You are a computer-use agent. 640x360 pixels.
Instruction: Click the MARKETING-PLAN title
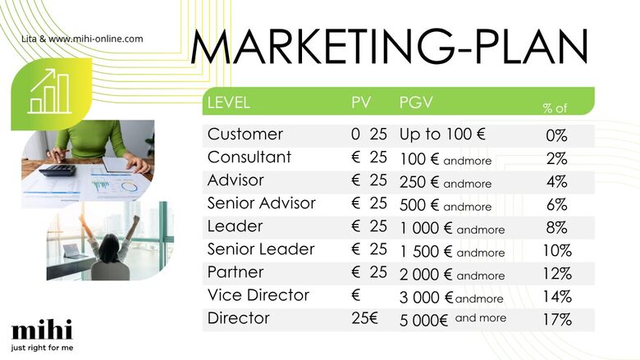point(389,47)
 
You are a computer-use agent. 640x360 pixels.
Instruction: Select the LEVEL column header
point(229,103)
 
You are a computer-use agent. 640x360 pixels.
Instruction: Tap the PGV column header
point(416,103)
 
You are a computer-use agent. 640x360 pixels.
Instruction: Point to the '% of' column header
point(555,108)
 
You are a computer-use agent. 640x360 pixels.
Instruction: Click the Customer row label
point(245,134)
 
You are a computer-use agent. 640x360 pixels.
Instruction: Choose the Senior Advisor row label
point(261,203)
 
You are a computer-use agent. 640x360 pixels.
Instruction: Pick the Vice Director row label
point(258,295)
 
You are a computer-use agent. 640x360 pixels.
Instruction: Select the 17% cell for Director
point(557,320)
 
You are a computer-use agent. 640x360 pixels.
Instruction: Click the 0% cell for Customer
point(557,136)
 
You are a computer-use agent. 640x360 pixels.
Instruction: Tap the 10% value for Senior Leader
point(557,250)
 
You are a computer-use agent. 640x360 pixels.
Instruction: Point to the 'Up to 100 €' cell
point(442,134)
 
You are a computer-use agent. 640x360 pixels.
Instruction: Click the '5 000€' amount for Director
point(423,321)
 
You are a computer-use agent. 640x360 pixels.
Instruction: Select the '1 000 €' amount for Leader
point(426,228)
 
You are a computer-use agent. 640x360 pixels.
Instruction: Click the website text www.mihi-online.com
point(96,39)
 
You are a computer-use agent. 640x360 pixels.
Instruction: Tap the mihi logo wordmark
point(42,330)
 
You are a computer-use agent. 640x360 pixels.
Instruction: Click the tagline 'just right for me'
point(42,348)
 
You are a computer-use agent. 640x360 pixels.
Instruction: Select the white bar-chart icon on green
point(49,91)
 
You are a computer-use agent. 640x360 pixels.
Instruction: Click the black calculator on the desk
point(57,170)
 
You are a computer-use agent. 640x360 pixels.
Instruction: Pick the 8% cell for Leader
point(557,227)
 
